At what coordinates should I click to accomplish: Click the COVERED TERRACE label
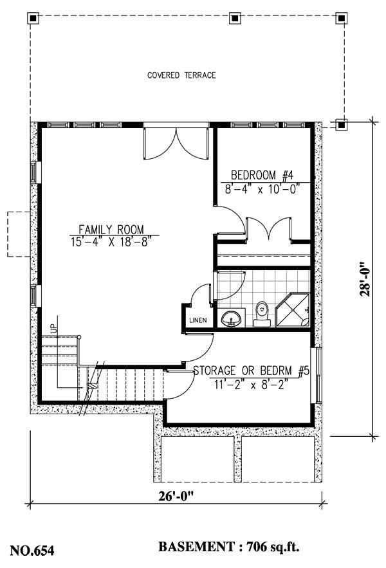pyautogui.click(x=181, y=75)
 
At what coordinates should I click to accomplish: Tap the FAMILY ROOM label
pyautogui.click(x=111, y=229)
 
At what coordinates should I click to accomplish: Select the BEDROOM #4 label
pyautogui.click(x=262, y=175)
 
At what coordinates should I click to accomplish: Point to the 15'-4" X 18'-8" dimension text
pyautogui.click(x=111, y=241)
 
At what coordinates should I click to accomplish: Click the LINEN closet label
pyautogui.click(x=197, y=321)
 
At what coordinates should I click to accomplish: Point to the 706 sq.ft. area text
pyautogui.click(x=270, y=548)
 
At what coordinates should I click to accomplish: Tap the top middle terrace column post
pyautogui.click(x=235, y=18)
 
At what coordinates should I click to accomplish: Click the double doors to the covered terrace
pyautogui.click(x=176, y=142)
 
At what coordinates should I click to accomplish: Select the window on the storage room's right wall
pyautogui.click(x=316, y=376)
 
